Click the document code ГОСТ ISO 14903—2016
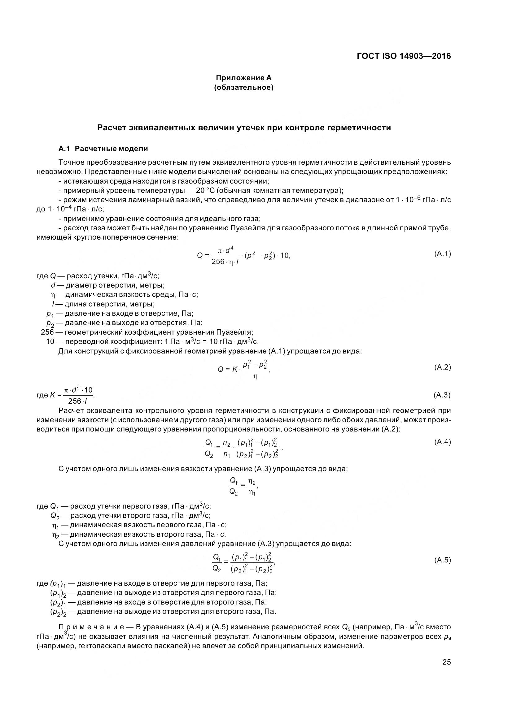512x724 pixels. coord(404,56)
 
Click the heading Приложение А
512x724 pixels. coord(243,78)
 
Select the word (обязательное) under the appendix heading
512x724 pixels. coord(243,87)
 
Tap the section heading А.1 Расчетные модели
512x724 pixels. coord(103,148)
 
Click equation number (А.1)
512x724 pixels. coord(442,254)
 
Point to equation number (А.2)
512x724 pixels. coord(442,367)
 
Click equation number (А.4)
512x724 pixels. coord(442,442)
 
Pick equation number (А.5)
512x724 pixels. coord(442,560)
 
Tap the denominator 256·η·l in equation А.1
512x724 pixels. coord(225,262)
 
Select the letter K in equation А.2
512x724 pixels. coord(235,369)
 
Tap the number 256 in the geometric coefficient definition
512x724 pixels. coord(47,332)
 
